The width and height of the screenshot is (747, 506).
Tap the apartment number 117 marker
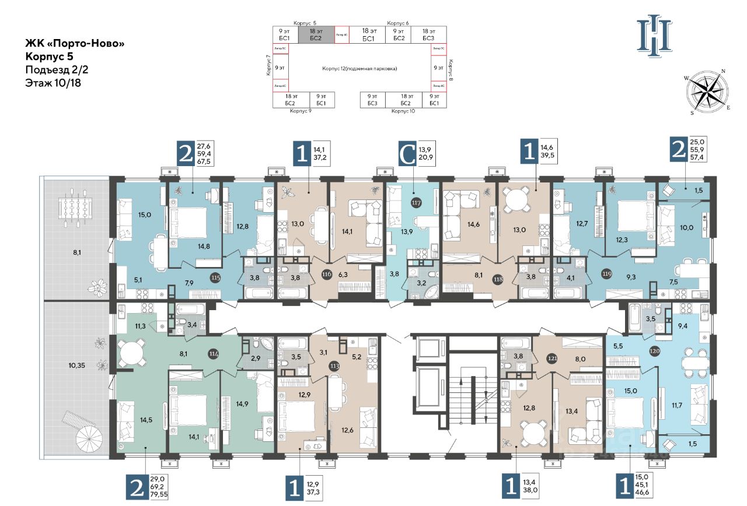416,203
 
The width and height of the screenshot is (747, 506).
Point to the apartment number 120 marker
657,352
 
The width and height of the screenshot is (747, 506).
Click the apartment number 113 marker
334,367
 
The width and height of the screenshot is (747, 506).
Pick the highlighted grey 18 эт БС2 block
316,34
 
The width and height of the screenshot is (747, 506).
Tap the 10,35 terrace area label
77,366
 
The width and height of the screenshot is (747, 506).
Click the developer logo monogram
654,37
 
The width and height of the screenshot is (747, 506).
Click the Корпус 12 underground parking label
359,69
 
